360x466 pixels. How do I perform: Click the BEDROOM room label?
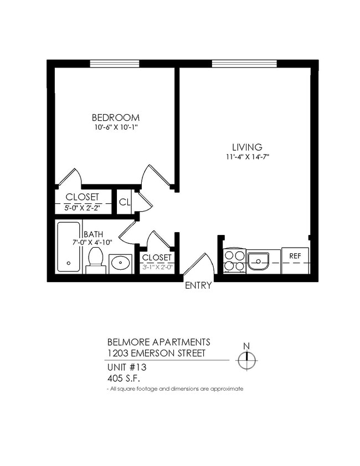pos(115,117)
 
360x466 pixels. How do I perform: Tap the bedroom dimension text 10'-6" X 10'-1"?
pos(115,127)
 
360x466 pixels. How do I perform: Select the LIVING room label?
pos(246,147)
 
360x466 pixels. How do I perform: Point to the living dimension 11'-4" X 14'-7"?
pos(246,157)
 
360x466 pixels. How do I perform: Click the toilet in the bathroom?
pos(96,259)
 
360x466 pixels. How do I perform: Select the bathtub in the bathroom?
pos(69,247)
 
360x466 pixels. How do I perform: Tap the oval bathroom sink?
pos(120,263)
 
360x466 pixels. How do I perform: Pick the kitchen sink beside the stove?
pos(258,260)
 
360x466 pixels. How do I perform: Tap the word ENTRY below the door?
pos(198,286)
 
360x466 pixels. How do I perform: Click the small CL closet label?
pos(124,202)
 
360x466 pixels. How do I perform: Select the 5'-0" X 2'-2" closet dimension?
pos(82,207)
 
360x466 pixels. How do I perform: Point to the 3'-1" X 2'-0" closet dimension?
pos(157,267)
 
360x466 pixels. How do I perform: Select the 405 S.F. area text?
pos(124,378)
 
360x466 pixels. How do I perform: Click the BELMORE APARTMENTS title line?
pos(158,342)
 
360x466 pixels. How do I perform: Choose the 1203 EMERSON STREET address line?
pos(157,353)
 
